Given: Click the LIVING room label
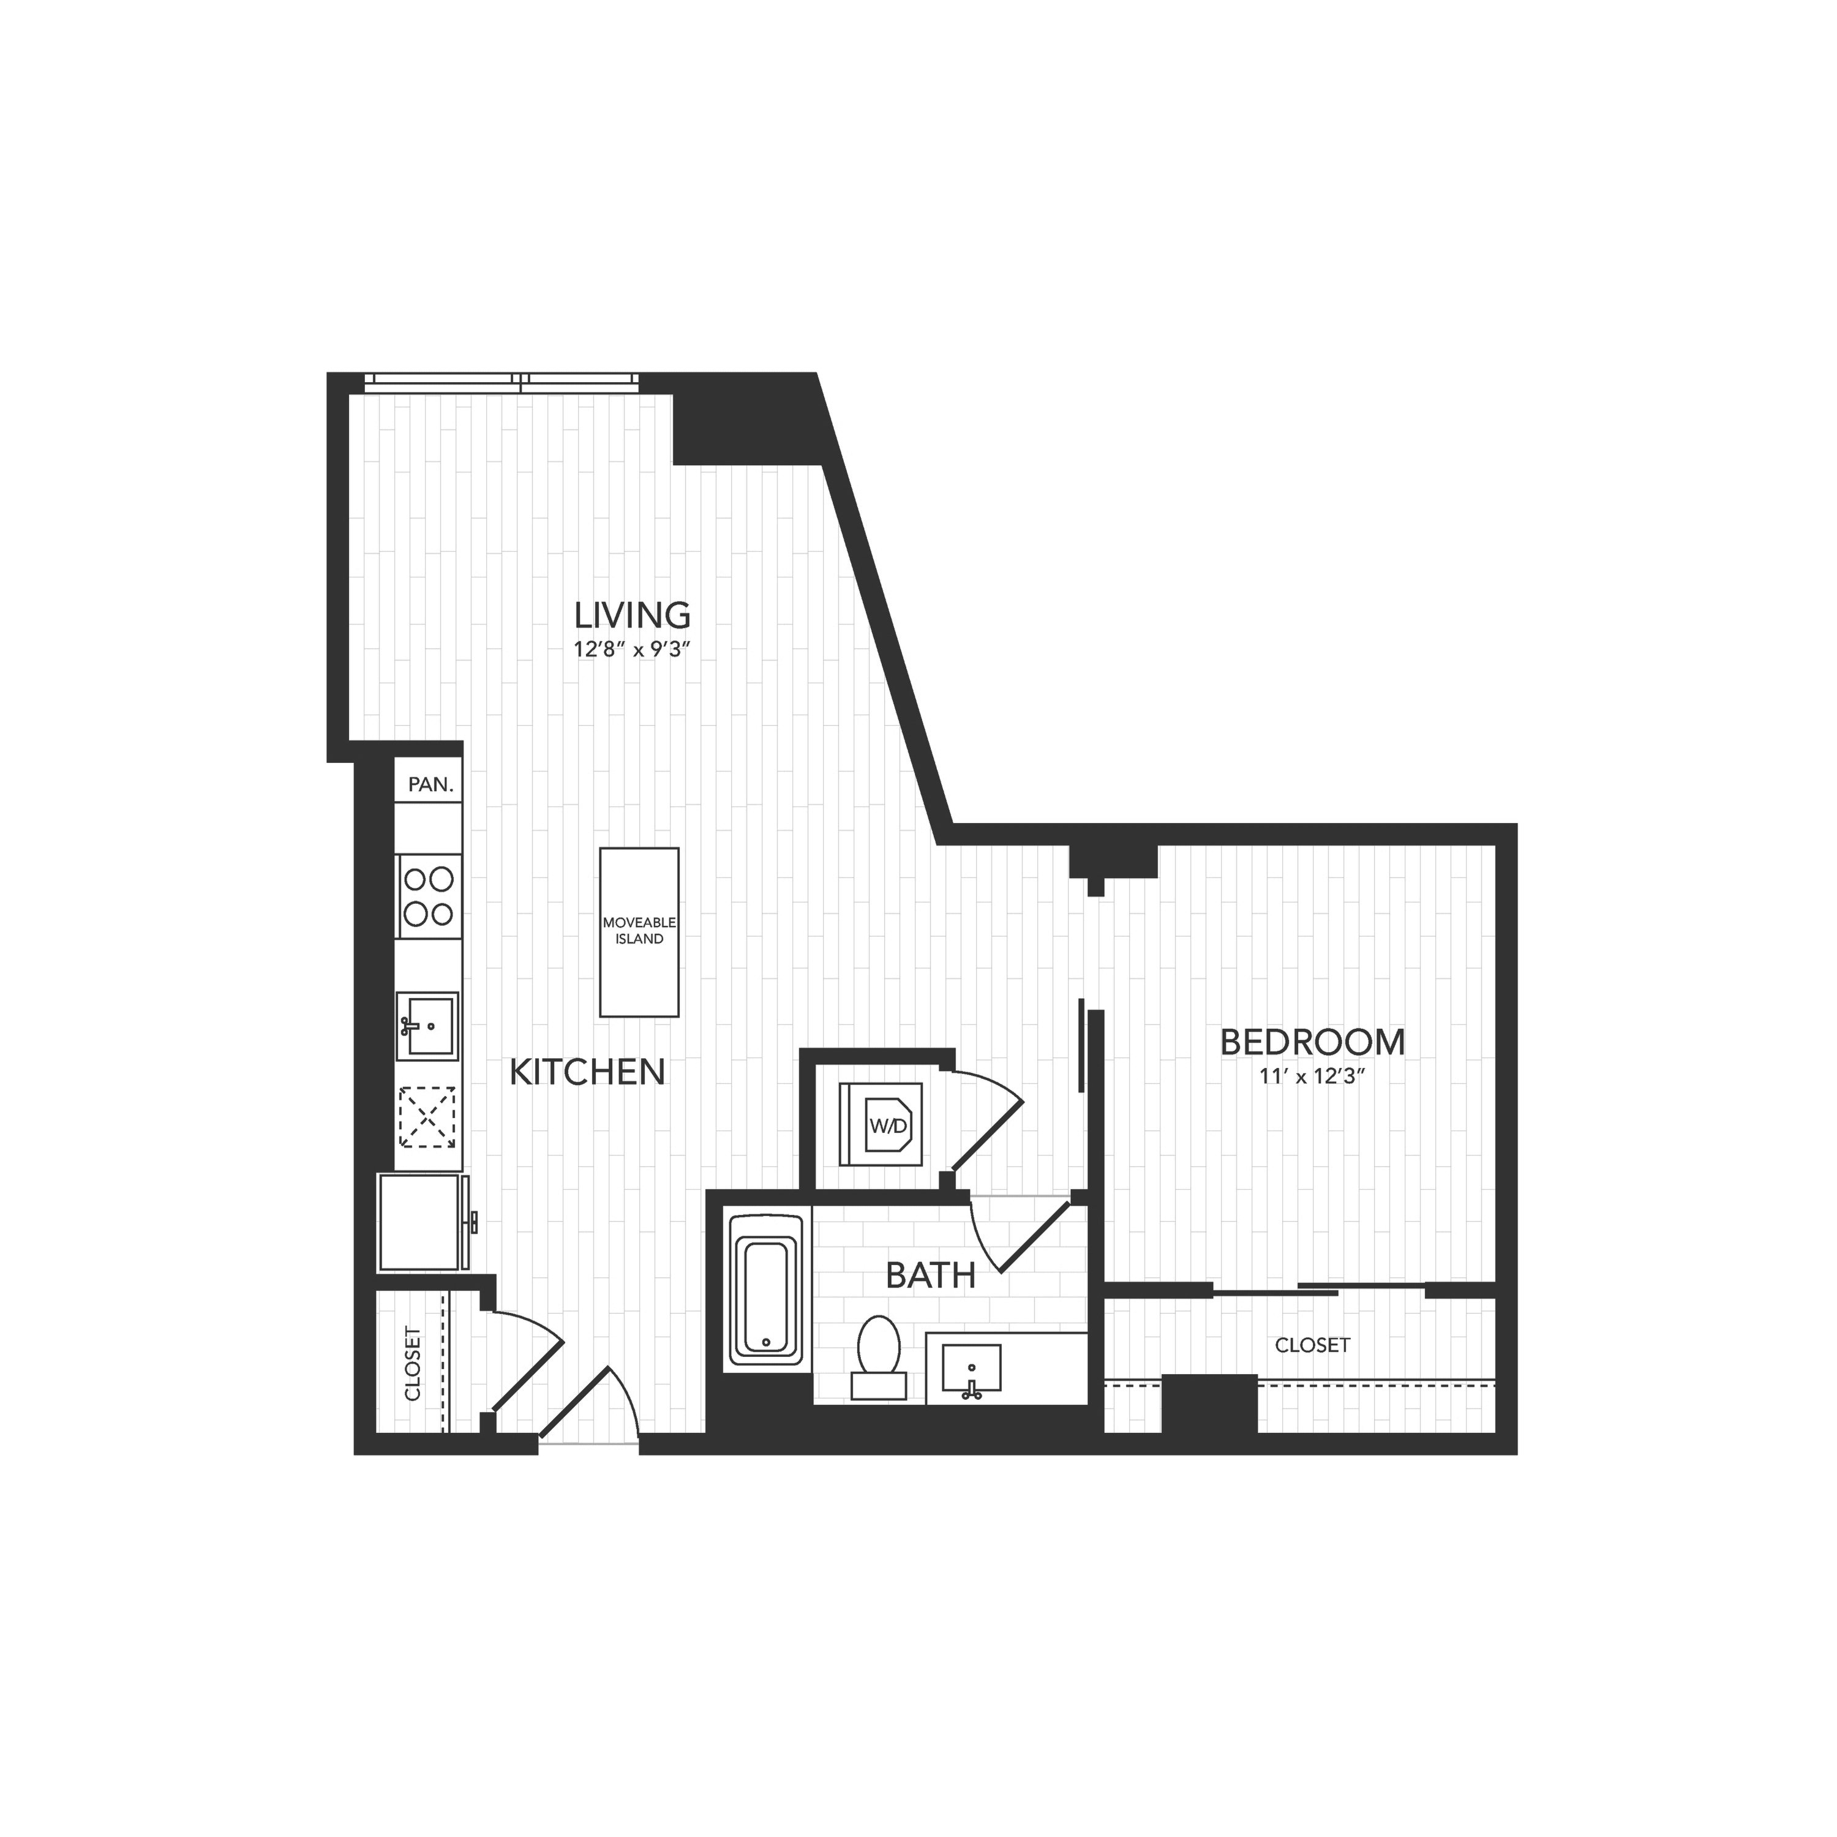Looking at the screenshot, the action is pos(633,615).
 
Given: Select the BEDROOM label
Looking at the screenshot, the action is pos(1312,1042).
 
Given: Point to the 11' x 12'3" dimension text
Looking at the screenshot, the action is pos(1312,1077).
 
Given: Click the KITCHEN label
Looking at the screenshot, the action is pos(587,1073).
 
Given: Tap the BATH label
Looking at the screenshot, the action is pos(930,1275).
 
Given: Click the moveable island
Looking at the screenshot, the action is pos(639,932).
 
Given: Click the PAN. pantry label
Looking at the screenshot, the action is pos(430,786).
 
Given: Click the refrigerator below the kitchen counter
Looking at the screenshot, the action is pos(425,1223).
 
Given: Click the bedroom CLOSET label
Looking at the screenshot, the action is pos(1312,1345).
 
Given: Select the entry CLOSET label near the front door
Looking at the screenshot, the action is pos(413,1364).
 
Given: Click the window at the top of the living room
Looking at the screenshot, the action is pos(502,380).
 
